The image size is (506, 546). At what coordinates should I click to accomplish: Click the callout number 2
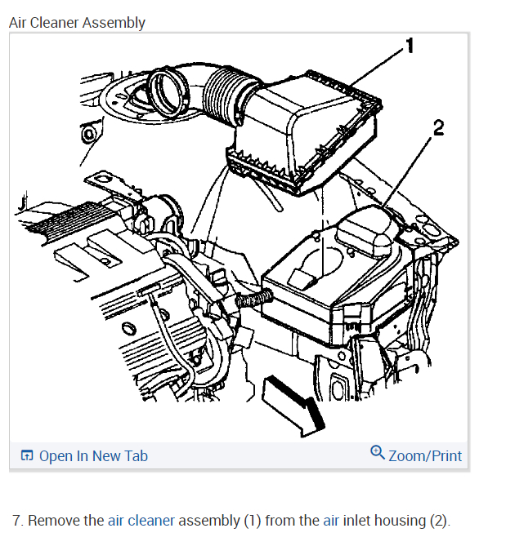pyautogui.click(x=439, y=127)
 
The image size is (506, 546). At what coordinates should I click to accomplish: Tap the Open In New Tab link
pyautogui.click(x=93, y=455)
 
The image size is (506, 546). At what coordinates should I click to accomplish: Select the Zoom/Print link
pyautogui.click(x=425, y=455)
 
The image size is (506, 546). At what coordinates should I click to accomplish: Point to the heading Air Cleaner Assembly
pyautogui.click(x=77, y=23)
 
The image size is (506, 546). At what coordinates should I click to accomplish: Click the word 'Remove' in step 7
pyautogui.click(x=53, y=520)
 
